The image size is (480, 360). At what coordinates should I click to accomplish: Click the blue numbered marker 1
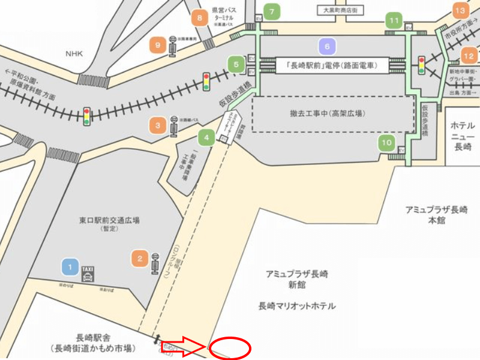tap(70, 266)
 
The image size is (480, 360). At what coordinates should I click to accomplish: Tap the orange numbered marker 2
tap(140, 259)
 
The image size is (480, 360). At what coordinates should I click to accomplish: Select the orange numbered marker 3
tap(158, 125)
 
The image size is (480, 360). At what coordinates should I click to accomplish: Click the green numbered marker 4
tap(206, 137)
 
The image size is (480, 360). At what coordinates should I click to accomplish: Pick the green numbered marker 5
tap(236, 63)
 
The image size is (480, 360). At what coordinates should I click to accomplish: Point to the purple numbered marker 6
tap(327, 46)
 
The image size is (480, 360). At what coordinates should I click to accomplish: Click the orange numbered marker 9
tap(158, 44)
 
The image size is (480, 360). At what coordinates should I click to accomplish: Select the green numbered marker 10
tap(387, 143)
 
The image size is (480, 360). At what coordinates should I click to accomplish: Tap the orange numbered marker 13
tap(460, 11)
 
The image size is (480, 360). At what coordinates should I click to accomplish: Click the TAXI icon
tap(88, 274)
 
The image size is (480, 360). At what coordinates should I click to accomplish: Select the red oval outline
tap(230, 347)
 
